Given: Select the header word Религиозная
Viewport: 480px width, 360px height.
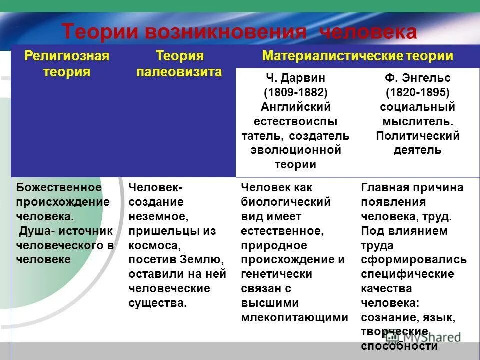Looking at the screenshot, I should pos(67,55).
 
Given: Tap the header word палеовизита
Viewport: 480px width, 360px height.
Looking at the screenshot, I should pos(179,72).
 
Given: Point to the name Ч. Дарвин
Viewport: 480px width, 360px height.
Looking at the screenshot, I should pos(295,78).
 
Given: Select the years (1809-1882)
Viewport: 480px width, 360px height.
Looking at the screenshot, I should pos(295,93).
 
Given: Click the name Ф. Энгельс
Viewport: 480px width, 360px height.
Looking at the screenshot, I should pos(418,78).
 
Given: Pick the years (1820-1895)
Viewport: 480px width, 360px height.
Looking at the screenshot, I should pos(418,93).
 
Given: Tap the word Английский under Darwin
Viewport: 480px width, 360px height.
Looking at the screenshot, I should pos(295,107).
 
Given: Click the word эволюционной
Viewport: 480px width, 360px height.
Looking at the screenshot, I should pos(295,150).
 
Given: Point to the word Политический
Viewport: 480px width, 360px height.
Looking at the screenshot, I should pos(418,136).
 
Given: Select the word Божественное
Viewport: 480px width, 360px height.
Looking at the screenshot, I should pos(59,188).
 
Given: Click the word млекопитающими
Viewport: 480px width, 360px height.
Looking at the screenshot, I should pos(294,318).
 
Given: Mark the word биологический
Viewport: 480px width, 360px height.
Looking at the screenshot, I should pos(286,202).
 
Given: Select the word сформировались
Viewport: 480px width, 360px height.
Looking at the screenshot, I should pos(414,260).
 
